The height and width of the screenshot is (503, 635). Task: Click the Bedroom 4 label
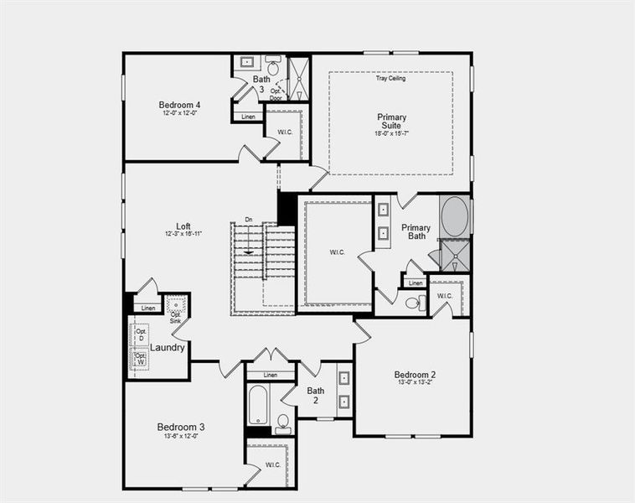point(179,105)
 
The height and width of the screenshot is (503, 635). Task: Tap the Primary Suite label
point(391,122)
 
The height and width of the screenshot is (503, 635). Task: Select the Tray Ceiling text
point(390,79)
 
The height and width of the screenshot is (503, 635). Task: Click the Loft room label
point(183,226)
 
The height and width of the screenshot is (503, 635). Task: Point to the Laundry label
point(168,347)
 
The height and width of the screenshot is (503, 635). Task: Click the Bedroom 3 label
point(181,427)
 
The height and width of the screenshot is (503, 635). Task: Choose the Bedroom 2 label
point(415,374)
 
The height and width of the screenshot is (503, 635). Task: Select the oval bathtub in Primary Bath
point(454,216)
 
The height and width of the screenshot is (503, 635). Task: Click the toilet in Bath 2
point(283,422)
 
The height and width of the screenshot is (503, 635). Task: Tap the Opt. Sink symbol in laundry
point(176,306)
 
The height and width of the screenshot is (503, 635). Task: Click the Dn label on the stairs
point(248,220)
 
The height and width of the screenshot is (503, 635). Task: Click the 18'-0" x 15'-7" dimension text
point(391,133)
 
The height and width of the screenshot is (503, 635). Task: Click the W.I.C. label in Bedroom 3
point(273,464)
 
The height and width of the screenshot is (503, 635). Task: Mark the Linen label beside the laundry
point(148,309)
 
